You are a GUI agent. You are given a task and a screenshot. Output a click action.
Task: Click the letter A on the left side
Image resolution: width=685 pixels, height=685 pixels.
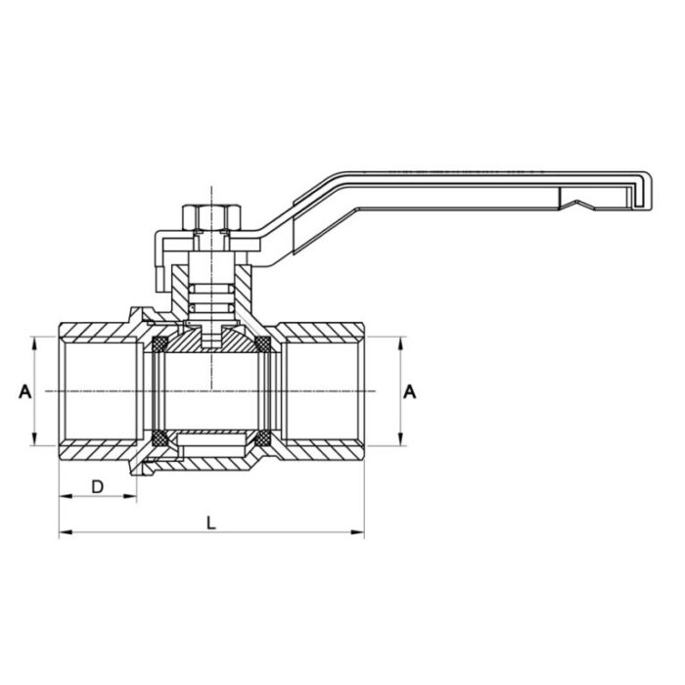24,391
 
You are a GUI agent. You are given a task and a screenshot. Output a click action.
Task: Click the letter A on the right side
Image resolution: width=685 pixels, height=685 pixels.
411,391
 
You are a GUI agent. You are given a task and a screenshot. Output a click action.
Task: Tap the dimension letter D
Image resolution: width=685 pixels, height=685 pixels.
97,486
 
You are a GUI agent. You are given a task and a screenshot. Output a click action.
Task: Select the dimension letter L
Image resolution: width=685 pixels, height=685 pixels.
210,523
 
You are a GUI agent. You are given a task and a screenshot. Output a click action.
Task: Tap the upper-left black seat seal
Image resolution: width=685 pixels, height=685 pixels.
159,344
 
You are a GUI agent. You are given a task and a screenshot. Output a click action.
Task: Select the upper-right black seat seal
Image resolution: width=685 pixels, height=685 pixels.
262,344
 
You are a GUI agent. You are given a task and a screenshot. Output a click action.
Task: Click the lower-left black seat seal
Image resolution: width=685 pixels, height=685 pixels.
159,438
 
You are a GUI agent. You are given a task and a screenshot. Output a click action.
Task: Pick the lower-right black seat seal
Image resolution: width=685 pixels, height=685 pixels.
262,438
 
